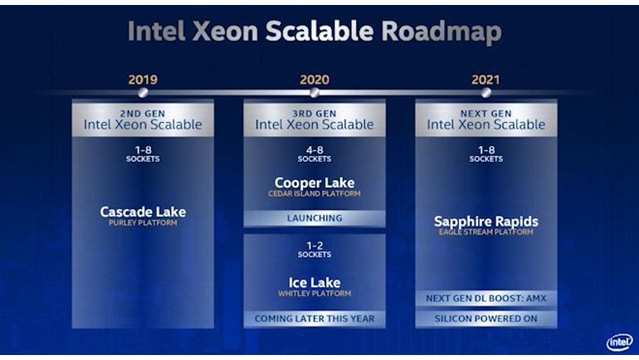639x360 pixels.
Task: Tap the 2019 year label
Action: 143,80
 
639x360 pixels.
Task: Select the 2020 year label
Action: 315,80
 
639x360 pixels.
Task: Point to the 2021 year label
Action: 486,80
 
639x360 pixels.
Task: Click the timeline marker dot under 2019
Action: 143,94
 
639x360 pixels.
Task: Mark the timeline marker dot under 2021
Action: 486,94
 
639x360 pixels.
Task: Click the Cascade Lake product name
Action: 143,212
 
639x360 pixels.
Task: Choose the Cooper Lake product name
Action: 315,182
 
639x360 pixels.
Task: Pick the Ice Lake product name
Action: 315,283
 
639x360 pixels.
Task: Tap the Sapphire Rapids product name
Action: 486,221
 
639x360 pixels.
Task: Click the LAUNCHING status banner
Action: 315,218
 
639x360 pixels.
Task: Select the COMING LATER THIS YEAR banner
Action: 315,319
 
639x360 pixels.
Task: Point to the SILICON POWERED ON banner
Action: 486,319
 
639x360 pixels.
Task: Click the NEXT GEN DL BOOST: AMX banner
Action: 486,298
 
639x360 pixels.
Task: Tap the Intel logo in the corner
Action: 618,342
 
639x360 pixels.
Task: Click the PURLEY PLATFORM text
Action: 143,222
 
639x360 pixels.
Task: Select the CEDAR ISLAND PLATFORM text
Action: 315,193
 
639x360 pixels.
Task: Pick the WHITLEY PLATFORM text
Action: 315,294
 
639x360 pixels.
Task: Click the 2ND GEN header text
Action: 143,113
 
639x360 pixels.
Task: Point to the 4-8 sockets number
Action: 315,150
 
